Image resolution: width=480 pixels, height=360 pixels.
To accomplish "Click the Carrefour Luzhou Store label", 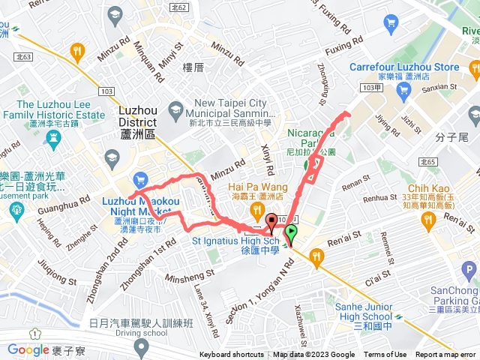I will [403, 67].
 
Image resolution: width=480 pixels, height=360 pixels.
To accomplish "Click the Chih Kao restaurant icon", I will [428, 219].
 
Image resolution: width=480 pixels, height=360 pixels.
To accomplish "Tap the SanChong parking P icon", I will [469, 270].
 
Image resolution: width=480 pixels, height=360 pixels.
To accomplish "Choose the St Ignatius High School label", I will [235, 241].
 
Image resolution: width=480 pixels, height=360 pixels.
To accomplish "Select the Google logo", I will [28, 349].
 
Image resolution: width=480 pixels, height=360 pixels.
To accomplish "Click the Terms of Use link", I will [385, 355].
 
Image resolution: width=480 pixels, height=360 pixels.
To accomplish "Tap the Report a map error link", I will [446, 355].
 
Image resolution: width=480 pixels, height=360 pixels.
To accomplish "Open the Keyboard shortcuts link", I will [232, 355].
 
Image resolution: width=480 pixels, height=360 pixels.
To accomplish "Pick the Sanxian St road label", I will [440, 87].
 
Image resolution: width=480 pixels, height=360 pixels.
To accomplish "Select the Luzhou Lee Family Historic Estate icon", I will [51, 137].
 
